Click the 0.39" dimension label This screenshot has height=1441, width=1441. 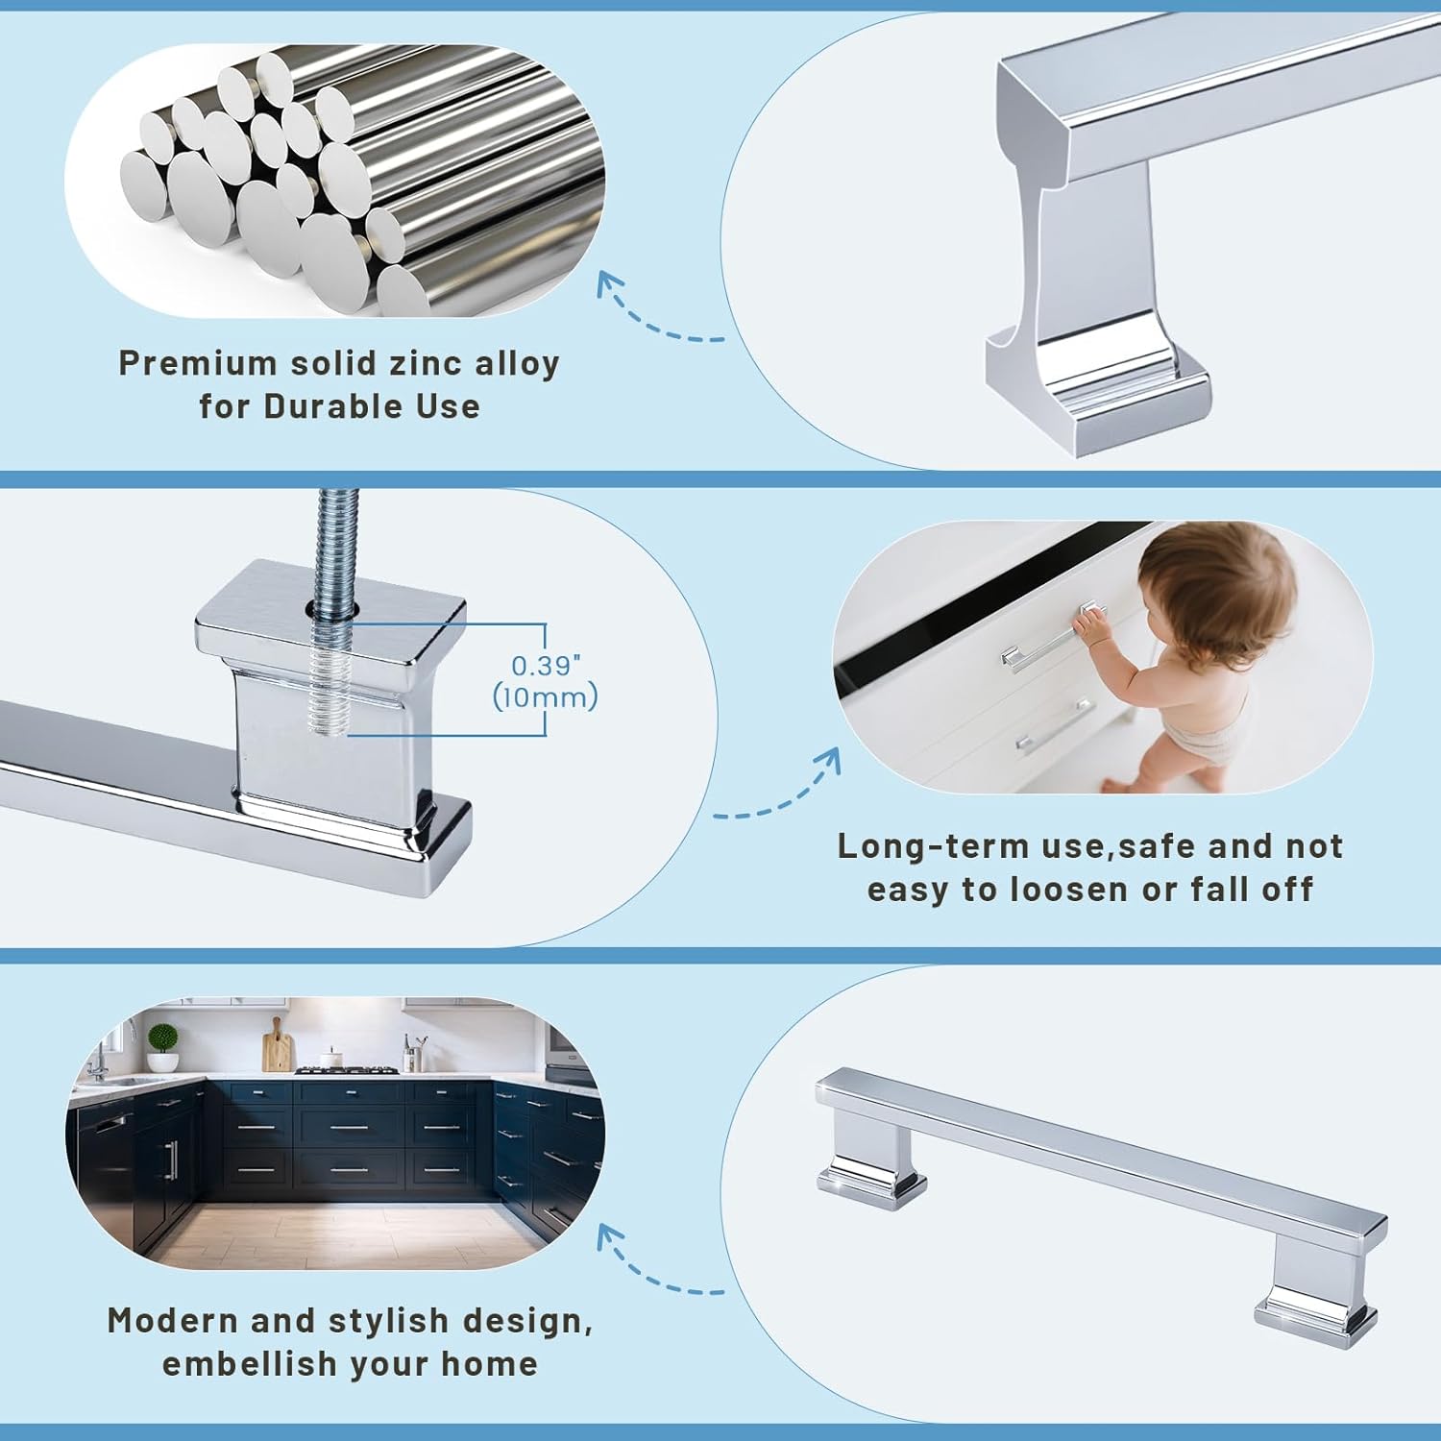pyautogui.click(x=546, y=666)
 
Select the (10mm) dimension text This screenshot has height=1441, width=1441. pyautogui.click(x=545, y=696)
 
